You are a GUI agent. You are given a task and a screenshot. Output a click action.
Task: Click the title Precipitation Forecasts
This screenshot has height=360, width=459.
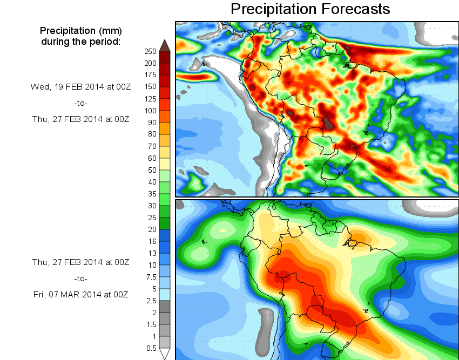tap(310, 9)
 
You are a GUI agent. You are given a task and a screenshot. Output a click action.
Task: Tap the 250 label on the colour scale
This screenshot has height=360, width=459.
tap(150, 51)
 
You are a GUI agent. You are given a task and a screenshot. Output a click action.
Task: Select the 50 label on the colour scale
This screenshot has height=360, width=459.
tap(152, 170)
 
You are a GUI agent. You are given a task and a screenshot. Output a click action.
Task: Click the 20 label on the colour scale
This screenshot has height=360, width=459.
tap(152, 229)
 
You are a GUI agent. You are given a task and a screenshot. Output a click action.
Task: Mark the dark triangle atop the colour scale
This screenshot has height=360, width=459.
tap(165, 45)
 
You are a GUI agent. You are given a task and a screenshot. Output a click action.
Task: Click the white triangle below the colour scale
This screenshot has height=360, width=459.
tap(165, 354)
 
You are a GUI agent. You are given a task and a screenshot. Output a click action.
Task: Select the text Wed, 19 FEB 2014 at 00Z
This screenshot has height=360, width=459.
tap(80, 86)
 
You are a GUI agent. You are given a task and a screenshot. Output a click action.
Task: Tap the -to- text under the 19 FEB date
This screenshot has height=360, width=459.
tap(80, 103)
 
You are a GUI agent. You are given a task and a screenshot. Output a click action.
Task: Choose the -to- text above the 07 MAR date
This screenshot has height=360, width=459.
tap(80, 279)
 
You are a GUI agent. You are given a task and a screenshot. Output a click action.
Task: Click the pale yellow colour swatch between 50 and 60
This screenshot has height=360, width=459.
tap(165, 164)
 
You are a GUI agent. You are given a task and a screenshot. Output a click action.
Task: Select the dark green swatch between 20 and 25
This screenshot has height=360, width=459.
tap(165, 223)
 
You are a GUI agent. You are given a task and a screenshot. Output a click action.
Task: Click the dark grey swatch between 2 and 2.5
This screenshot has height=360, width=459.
tap(165, 306)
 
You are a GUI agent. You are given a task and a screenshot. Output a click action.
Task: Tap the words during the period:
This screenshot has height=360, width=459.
tap(80, 41)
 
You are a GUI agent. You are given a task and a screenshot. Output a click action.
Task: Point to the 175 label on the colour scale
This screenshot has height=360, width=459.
tap(150, 75)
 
